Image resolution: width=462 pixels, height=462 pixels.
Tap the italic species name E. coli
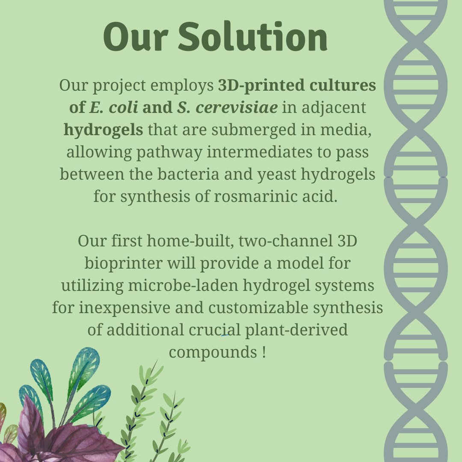coord(114,107)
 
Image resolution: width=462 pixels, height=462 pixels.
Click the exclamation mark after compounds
coord(264,352)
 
